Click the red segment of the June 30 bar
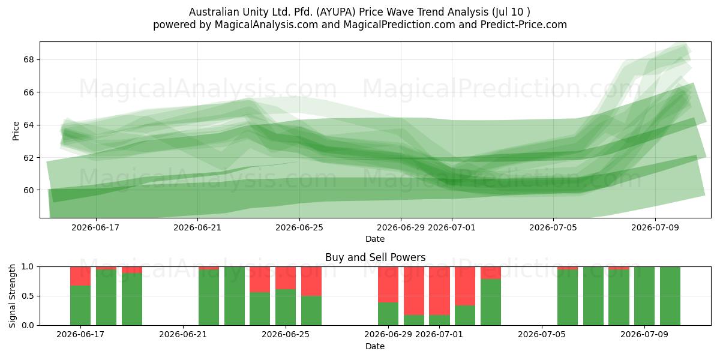pos(414,291)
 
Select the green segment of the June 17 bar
pos(80,305)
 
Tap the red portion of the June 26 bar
pos(311,281)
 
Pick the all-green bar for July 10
pos(670,296)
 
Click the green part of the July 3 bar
pos(491,302)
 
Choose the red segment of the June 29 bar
pos(388,284)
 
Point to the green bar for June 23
pos(235,296)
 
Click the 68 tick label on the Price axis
pos(28,59)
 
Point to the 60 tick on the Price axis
pos(28,190)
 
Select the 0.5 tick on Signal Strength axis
pos(28,296)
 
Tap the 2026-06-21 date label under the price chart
pos(197,227)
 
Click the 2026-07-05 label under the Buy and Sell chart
pos(542,334)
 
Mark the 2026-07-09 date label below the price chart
pos(655,227)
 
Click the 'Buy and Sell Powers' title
pos(375,257)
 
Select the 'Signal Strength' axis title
pos(12,296)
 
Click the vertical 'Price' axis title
pos(16,131)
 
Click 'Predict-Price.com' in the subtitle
pos(524,25)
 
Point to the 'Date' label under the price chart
pos(375,239)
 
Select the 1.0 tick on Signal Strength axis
pos(28,267)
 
